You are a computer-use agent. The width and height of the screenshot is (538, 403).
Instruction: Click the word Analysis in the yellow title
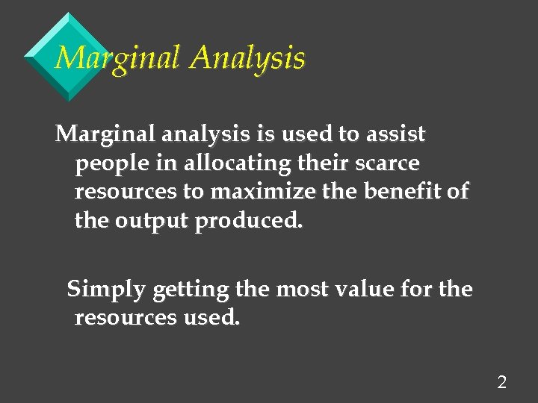pos(247,58)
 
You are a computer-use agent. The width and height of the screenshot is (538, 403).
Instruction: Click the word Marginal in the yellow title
pos(118,58)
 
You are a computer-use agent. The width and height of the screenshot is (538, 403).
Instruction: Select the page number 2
pos(501,383)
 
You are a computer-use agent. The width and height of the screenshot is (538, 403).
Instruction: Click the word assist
pos(395,135)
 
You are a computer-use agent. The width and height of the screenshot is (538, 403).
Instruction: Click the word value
pos(368,290)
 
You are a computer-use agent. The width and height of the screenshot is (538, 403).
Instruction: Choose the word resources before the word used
pos(126,318)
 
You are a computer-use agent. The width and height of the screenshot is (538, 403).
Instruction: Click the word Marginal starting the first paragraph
pos(102,135)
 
